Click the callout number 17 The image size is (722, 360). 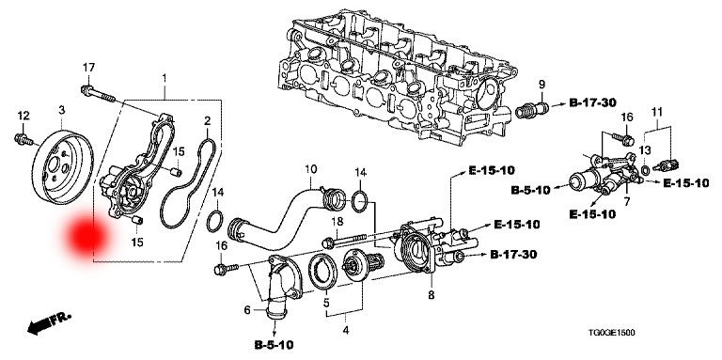click(x=88, y=67)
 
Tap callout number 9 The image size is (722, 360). click(x=541, y=84)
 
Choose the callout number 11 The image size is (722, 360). click(x=656, y=114)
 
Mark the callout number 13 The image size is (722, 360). click(x=646, y=150)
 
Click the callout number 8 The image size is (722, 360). click(x=431, y=296)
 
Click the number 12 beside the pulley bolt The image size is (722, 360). click(x=19, y=115)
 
